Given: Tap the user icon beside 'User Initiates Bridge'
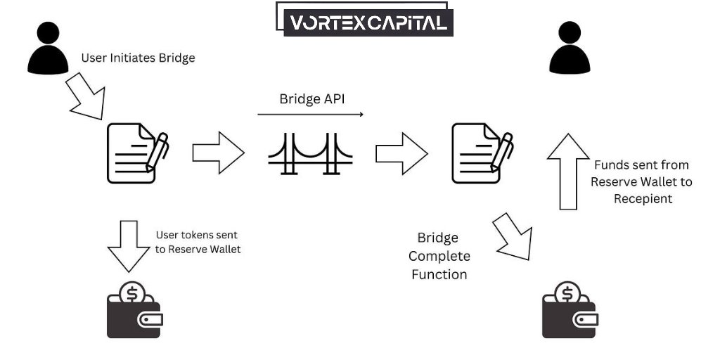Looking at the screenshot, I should pyautogui.click(x=48, y=47).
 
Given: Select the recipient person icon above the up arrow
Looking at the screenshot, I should pyautogui.click(x=569, y=47).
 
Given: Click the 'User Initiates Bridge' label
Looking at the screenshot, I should pyautogui.click(x=138, y=58).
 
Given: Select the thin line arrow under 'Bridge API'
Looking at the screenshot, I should pyautogui.click(x=310, y=113).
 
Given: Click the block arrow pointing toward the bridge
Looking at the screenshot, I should pyautogui.click(x=218, y=152).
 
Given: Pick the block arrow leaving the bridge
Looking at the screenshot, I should pyautogui.click(x=401, y=152).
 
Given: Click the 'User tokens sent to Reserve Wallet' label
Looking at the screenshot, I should pyautogui.click(x=198, y=242).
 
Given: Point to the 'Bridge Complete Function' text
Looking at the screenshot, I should pyautogui.click(x=439, y=256).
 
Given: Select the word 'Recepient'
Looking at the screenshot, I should pyautogui.click(x=643, y=198).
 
